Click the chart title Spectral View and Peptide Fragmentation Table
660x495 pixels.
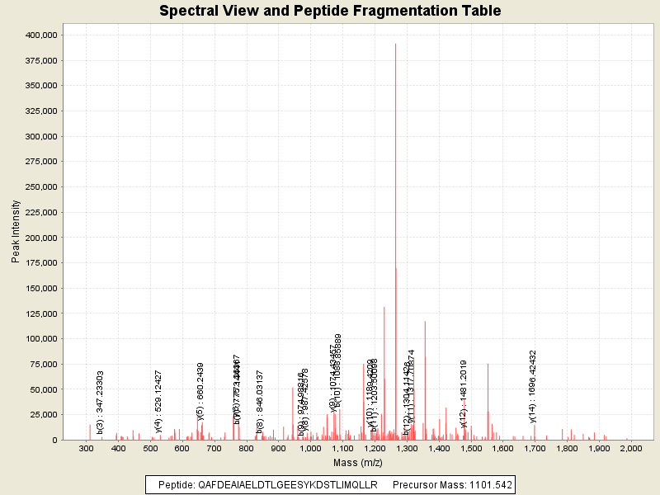tap(330, 12)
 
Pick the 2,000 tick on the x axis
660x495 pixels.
tap(630, 448)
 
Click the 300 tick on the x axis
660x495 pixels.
tap(86, 448)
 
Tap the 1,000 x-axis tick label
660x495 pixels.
tap(310, 448)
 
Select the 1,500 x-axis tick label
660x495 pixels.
tap(470, 448)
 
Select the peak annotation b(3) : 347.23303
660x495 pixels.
tap(100, 402)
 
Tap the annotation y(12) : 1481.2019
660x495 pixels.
tap(464, 394)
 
